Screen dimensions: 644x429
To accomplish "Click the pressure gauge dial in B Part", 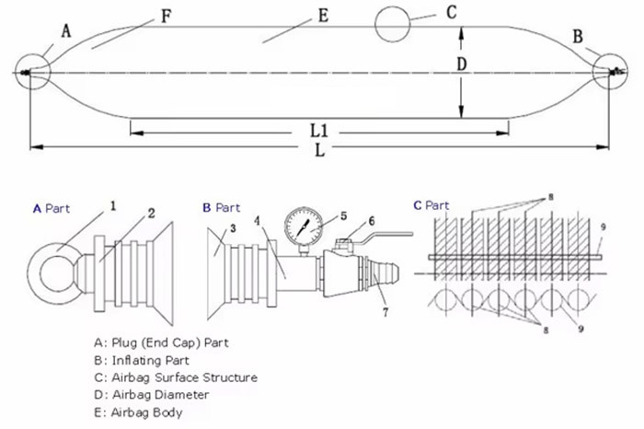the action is [x=304, y=226].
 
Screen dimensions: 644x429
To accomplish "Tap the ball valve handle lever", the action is [x=382, y=238].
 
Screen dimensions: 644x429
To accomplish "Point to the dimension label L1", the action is [x=318, y=131].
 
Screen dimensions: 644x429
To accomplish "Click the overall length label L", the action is [x=319, y=150].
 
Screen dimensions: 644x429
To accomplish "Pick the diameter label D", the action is [x=462, y=64].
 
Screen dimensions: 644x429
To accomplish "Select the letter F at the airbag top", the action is [x=166, y=17].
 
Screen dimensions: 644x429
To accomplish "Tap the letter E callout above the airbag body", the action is [x=324, y=16].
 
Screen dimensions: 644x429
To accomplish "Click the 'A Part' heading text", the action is [x=52, y=208].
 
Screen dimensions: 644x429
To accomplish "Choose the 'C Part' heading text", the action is [x=431, y=205].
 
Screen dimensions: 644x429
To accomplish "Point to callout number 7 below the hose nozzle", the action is [x=385, y=312].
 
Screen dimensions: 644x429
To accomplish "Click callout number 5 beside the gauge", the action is [x=344, y=215].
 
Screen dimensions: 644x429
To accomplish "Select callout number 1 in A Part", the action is [x=113, y=205].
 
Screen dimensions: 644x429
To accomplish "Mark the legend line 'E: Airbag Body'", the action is [x=138, y=412].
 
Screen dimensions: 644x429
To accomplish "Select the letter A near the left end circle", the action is [x=66, y=30].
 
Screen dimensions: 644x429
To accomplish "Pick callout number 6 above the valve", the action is [x=372, y=221].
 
